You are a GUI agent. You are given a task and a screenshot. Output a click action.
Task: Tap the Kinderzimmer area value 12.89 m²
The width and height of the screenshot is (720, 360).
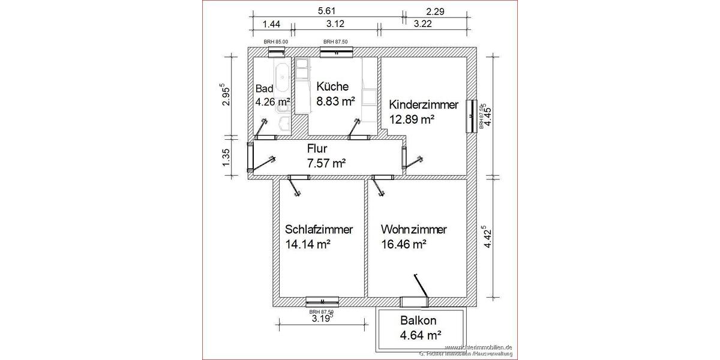coord(412,119)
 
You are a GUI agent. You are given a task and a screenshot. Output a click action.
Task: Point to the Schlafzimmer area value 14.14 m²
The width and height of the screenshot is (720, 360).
coord(308,244)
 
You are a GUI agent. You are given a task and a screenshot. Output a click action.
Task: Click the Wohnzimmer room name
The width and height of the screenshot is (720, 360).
coord(414,230)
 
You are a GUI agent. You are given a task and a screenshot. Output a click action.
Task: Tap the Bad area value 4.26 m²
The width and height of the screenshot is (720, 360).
coord(273,101)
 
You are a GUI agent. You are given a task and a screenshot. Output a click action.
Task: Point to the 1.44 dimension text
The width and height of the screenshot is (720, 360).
coord(272,24)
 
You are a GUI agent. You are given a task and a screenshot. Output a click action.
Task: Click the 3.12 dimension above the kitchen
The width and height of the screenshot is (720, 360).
coord(335,24)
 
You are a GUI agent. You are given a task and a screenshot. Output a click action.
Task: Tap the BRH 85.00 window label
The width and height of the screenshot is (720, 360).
coord(276,42)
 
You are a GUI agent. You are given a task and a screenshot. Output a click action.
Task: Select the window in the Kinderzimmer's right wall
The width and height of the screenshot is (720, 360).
coord(472,115)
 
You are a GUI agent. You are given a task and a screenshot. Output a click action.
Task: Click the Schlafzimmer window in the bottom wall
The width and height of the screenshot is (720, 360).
coord(322,301)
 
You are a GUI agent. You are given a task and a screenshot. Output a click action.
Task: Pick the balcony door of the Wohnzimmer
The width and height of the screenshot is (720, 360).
coord(413,300)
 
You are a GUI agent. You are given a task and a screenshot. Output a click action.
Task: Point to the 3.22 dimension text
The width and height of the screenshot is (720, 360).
coord(423,24)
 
